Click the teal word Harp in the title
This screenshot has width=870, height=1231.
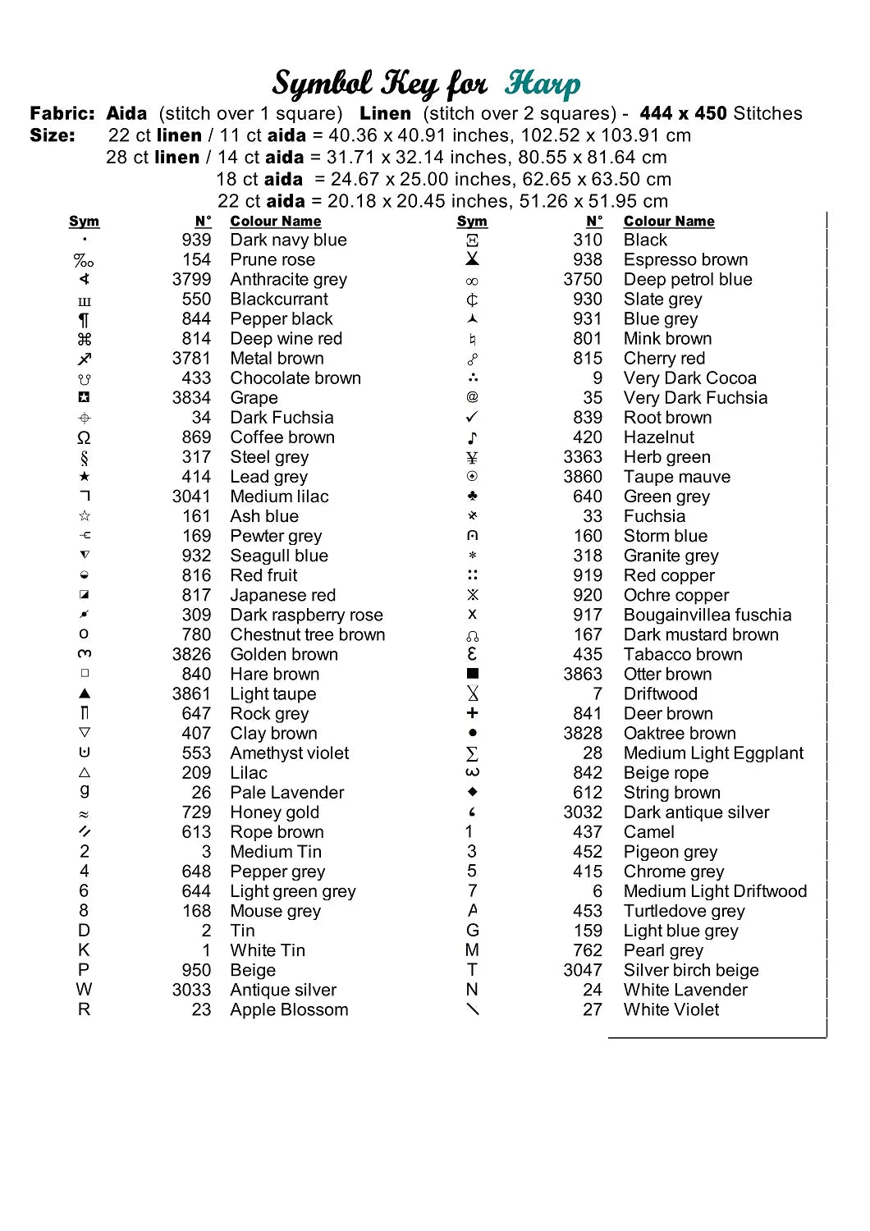click(543, 84)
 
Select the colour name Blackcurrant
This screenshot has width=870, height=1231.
click(279, 300)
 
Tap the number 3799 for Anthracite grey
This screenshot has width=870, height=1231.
click(191, 280)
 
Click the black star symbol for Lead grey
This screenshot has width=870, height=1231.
click(85, 477)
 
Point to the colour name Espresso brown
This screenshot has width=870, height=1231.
click(685, 260)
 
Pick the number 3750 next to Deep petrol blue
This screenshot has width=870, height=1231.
click(583, 280)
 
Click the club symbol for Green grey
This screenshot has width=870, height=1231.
click(472, 497)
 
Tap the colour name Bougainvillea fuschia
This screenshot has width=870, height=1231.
click(707, 615)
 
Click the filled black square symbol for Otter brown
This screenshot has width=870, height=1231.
click(472, 674)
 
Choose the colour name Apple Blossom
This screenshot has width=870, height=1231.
click(289, 1009)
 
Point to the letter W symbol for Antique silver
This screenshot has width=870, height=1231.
click(85, 989)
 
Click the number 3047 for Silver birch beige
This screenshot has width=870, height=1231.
click(583, 970)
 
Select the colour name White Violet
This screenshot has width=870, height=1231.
click(671, 1009)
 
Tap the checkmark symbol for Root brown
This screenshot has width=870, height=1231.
click(472, 418)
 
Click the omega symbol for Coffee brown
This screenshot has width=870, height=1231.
click(85, 437)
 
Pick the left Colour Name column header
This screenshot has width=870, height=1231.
click(276, 222)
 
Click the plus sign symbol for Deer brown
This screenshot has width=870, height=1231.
click(472, 713)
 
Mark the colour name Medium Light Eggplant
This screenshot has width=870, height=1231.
click(713, 753)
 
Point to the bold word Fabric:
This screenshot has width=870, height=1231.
click(62, 113)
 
